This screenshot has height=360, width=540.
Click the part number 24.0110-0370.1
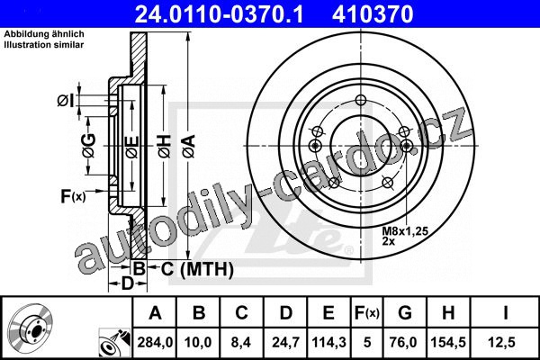point(219,14)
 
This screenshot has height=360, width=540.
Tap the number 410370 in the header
point(373,14)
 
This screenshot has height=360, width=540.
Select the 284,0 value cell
point(155,342)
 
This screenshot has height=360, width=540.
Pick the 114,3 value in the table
point(328,342)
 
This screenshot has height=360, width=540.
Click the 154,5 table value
point(448,342)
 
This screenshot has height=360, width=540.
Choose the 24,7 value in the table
point(285,342)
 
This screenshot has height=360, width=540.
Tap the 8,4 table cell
point(241,342)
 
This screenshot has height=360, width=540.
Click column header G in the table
point(405,313)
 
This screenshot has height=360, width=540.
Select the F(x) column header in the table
point(367,313)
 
